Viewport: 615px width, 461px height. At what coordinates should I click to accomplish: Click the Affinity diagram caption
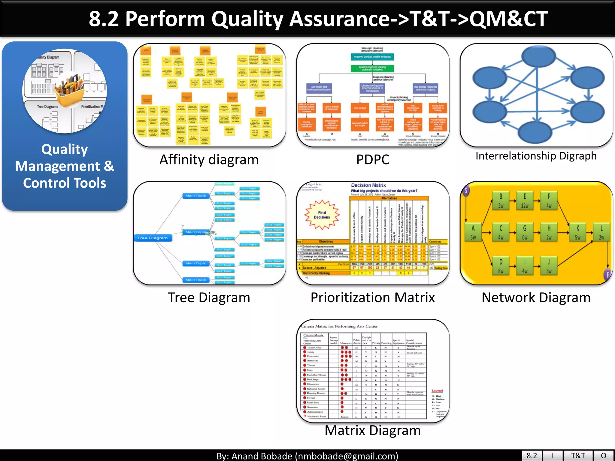209,160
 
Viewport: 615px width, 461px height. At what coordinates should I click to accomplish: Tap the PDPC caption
373,160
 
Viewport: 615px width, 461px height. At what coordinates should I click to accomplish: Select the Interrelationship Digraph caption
536,156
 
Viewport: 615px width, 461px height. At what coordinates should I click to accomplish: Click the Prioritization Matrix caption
373,298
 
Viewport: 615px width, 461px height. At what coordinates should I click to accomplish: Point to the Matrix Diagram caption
373,430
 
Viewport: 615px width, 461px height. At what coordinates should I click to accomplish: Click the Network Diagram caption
536,298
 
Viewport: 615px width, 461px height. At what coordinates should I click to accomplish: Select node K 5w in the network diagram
577,233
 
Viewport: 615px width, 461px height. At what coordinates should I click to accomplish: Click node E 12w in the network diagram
525,201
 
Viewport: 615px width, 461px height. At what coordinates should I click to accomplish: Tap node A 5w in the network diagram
473,233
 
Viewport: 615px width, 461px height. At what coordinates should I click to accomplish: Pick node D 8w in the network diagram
501,266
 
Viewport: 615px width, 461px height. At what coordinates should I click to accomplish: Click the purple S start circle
465,190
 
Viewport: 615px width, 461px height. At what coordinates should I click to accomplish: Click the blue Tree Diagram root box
153,238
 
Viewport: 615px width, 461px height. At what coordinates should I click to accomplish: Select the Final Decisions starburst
322,215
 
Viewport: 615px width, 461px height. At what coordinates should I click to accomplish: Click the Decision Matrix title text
368,185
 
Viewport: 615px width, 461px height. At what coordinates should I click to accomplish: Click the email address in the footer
346,456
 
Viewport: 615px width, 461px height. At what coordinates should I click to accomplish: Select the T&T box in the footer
578,456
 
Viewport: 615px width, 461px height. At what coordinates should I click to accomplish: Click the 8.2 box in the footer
532,456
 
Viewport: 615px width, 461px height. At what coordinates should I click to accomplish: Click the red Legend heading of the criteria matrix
437,391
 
